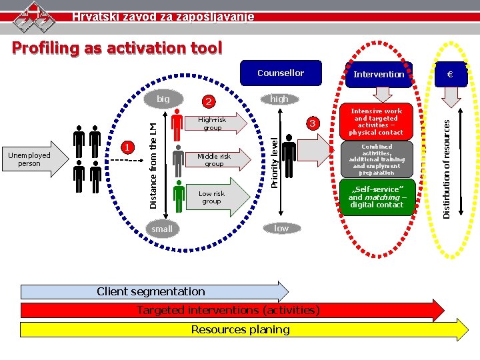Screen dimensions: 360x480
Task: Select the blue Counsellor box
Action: [281, 73]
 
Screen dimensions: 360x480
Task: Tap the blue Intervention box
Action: [379, 74]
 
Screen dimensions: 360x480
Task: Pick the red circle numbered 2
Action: [209, 102]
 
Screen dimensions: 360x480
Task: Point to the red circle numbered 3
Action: [311, 124]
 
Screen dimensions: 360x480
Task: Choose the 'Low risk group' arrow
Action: [216, 197]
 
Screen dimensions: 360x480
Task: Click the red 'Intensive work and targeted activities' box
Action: [376, 122]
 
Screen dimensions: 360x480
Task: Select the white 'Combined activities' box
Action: [377, 159]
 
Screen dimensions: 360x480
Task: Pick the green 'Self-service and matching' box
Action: [376, 197]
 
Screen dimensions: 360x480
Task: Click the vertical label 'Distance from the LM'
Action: [153, 159]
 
